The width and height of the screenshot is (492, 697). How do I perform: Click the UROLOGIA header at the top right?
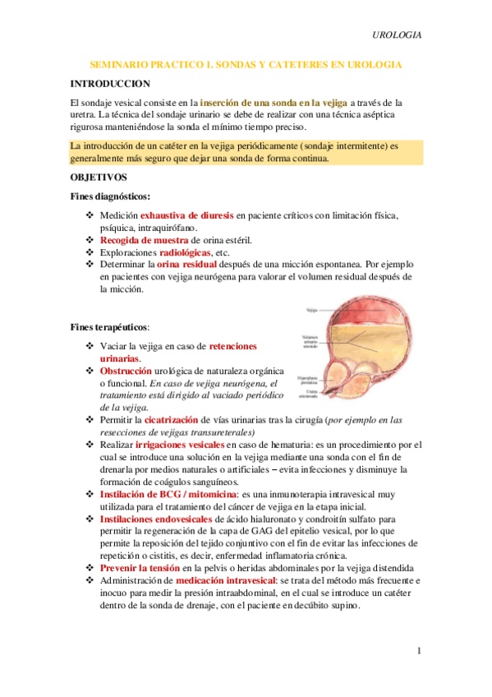click(398, 35)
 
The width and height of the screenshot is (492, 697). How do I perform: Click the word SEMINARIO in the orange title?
click(122, 64)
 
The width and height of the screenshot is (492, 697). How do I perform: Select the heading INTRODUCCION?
click(110, 83)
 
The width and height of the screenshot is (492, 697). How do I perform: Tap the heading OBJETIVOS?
click(99, 177)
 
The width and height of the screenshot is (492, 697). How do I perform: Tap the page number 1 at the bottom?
click(419, 651)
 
